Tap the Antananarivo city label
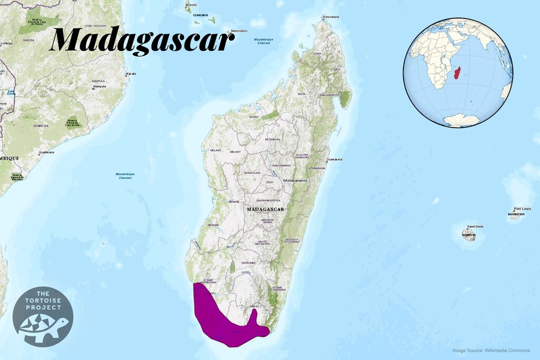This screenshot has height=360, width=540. pyautogui.click(x=296, y=180)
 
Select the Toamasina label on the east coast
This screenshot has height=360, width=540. pyautogui.click(x=334, y=159)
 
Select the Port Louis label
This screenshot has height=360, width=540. pyautogui.click(x=522, y=208)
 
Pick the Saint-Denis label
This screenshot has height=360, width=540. pyautogui.click(x=475, y=227)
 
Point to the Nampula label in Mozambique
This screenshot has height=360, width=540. pyautogui.click(x=99, y=86)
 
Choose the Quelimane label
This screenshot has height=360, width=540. pyautogui.click(x=46, y=153)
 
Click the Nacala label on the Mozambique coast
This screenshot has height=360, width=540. pyautogui.click(x=130, y=74)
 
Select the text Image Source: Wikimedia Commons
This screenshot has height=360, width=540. pyautogui.click(x=491, y=351)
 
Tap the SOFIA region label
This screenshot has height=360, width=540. pyautogui.click(x=302, y=94)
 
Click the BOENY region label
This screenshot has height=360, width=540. pyautogui.click(x=254, y=116)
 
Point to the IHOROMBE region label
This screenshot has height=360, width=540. pyautogui.click(x=248, y=262)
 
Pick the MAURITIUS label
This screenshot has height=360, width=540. pyautogui.click(x=516, y=215)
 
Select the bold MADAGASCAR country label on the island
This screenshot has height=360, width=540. pyautogui.click(x=265, y=209)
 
